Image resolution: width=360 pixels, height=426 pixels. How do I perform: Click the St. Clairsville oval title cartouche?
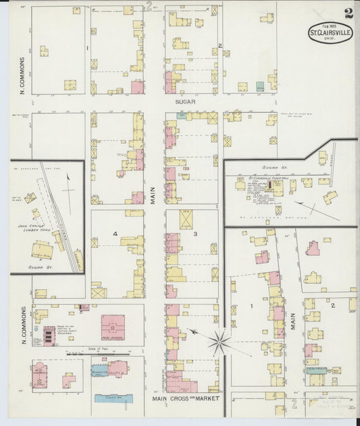pyautogui.click(x=330, y=32)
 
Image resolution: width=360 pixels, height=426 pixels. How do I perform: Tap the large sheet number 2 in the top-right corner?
pyautogui.click(x=347, y=14)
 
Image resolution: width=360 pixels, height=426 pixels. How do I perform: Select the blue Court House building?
pyautogui.click(x=113, y=398)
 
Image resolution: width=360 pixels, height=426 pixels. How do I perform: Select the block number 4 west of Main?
pyautogui.click(x=115, y=234)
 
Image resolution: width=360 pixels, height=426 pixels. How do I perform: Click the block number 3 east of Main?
pyautogui.click(x=195, y=234)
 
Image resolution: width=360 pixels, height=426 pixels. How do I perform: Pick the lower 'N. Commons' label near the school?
pyautogui.click(x=22, y=325)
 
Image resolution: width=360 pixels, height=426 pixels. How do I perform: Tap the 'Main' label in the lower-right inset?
pyautogui.click(x=293, y=319)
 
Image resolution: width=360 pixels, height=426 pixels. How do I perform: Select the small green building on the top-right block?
pyautogui.click(x=259, y=86)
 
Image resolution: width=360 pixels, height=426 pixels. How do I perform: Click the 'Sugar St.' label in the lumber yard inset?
pyautogui.click(x=42, y=267)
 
